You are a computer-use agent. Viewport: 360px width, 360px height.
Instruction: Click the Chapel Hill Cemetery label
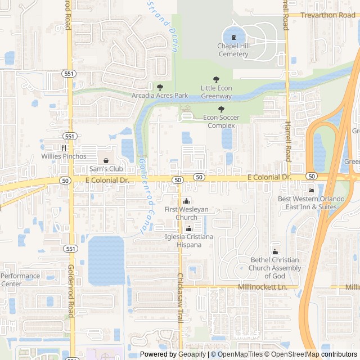click(233, 50)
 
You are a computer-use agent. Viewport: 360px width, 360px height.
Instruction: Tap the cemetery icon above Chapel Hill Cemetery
click(233, 37)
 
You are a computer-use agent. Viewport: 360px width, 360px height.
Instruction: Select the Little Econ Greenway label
click(217, 92)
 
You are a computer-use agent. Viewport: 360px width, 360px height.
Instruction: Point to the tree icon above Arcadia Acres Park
click(160, 87)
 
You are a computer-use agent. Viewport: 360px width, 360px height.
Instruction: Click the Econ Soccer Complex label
click(222, 121)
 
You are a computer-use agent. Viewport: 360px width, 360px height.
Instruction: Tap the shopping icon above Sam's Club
click(106, 160)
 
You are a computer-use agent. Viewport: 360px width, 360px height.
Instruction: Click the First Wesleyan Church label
click(186, 213)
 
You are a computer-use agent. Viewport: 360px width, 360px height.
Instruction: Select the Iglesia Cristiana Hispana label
click(188, 241)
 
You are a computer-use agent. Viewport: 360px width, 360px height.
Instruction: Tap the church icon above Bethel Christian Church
click(274, 251)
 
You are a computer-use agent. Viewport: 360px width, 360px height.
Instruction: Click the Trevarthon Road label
click(328, 15)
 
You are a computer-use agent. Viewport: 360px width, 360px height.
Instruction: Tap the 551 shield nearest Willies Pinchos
click(69, 136)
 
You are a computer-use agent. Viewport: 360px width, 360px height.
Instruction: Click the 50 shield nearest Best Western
click(311, 176)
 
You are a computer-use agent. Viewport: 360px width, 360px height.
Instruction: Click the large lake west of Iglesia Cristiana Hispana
click(106, 260)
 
